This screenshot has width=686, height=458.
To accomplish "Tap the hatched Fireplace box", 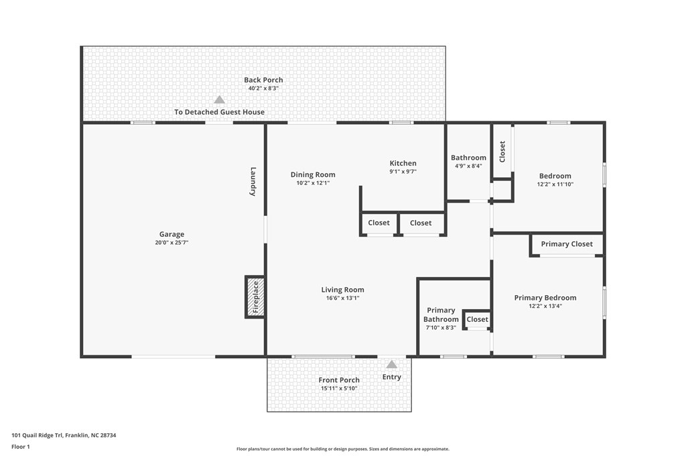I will [255, 296].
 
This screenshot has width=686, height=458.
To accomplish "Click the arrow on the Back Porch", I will [219, 99].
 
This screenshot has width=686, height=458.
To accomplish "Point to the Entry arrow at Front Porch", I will [391, 364].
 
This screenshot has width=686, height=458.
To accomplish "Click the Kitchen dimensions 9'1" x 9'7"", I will [403, 172].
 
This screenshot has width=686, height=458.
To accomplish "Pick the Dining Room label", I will [313, 174].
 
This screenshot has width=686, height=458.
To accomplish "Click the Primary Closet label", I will [567, 244].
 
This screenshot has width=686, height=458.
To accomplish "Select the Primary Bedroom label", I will [545, 298].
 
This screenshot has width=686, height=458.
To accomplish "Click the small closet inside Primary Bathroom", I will [477, 319].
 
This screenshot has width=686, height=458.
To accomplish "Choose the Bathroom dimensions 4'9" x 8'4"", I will [468, 166].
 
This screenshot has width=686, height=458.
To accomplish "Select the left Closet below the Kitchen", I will [379, 223].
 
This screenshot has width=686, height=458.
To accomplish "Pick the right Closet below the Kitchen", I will [421, 223].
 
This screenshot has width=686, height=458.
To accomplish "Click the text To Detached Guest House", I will [219, 112].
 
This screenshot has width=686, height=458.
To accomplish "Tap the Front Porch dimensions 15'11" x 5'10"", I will [339, 388].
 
